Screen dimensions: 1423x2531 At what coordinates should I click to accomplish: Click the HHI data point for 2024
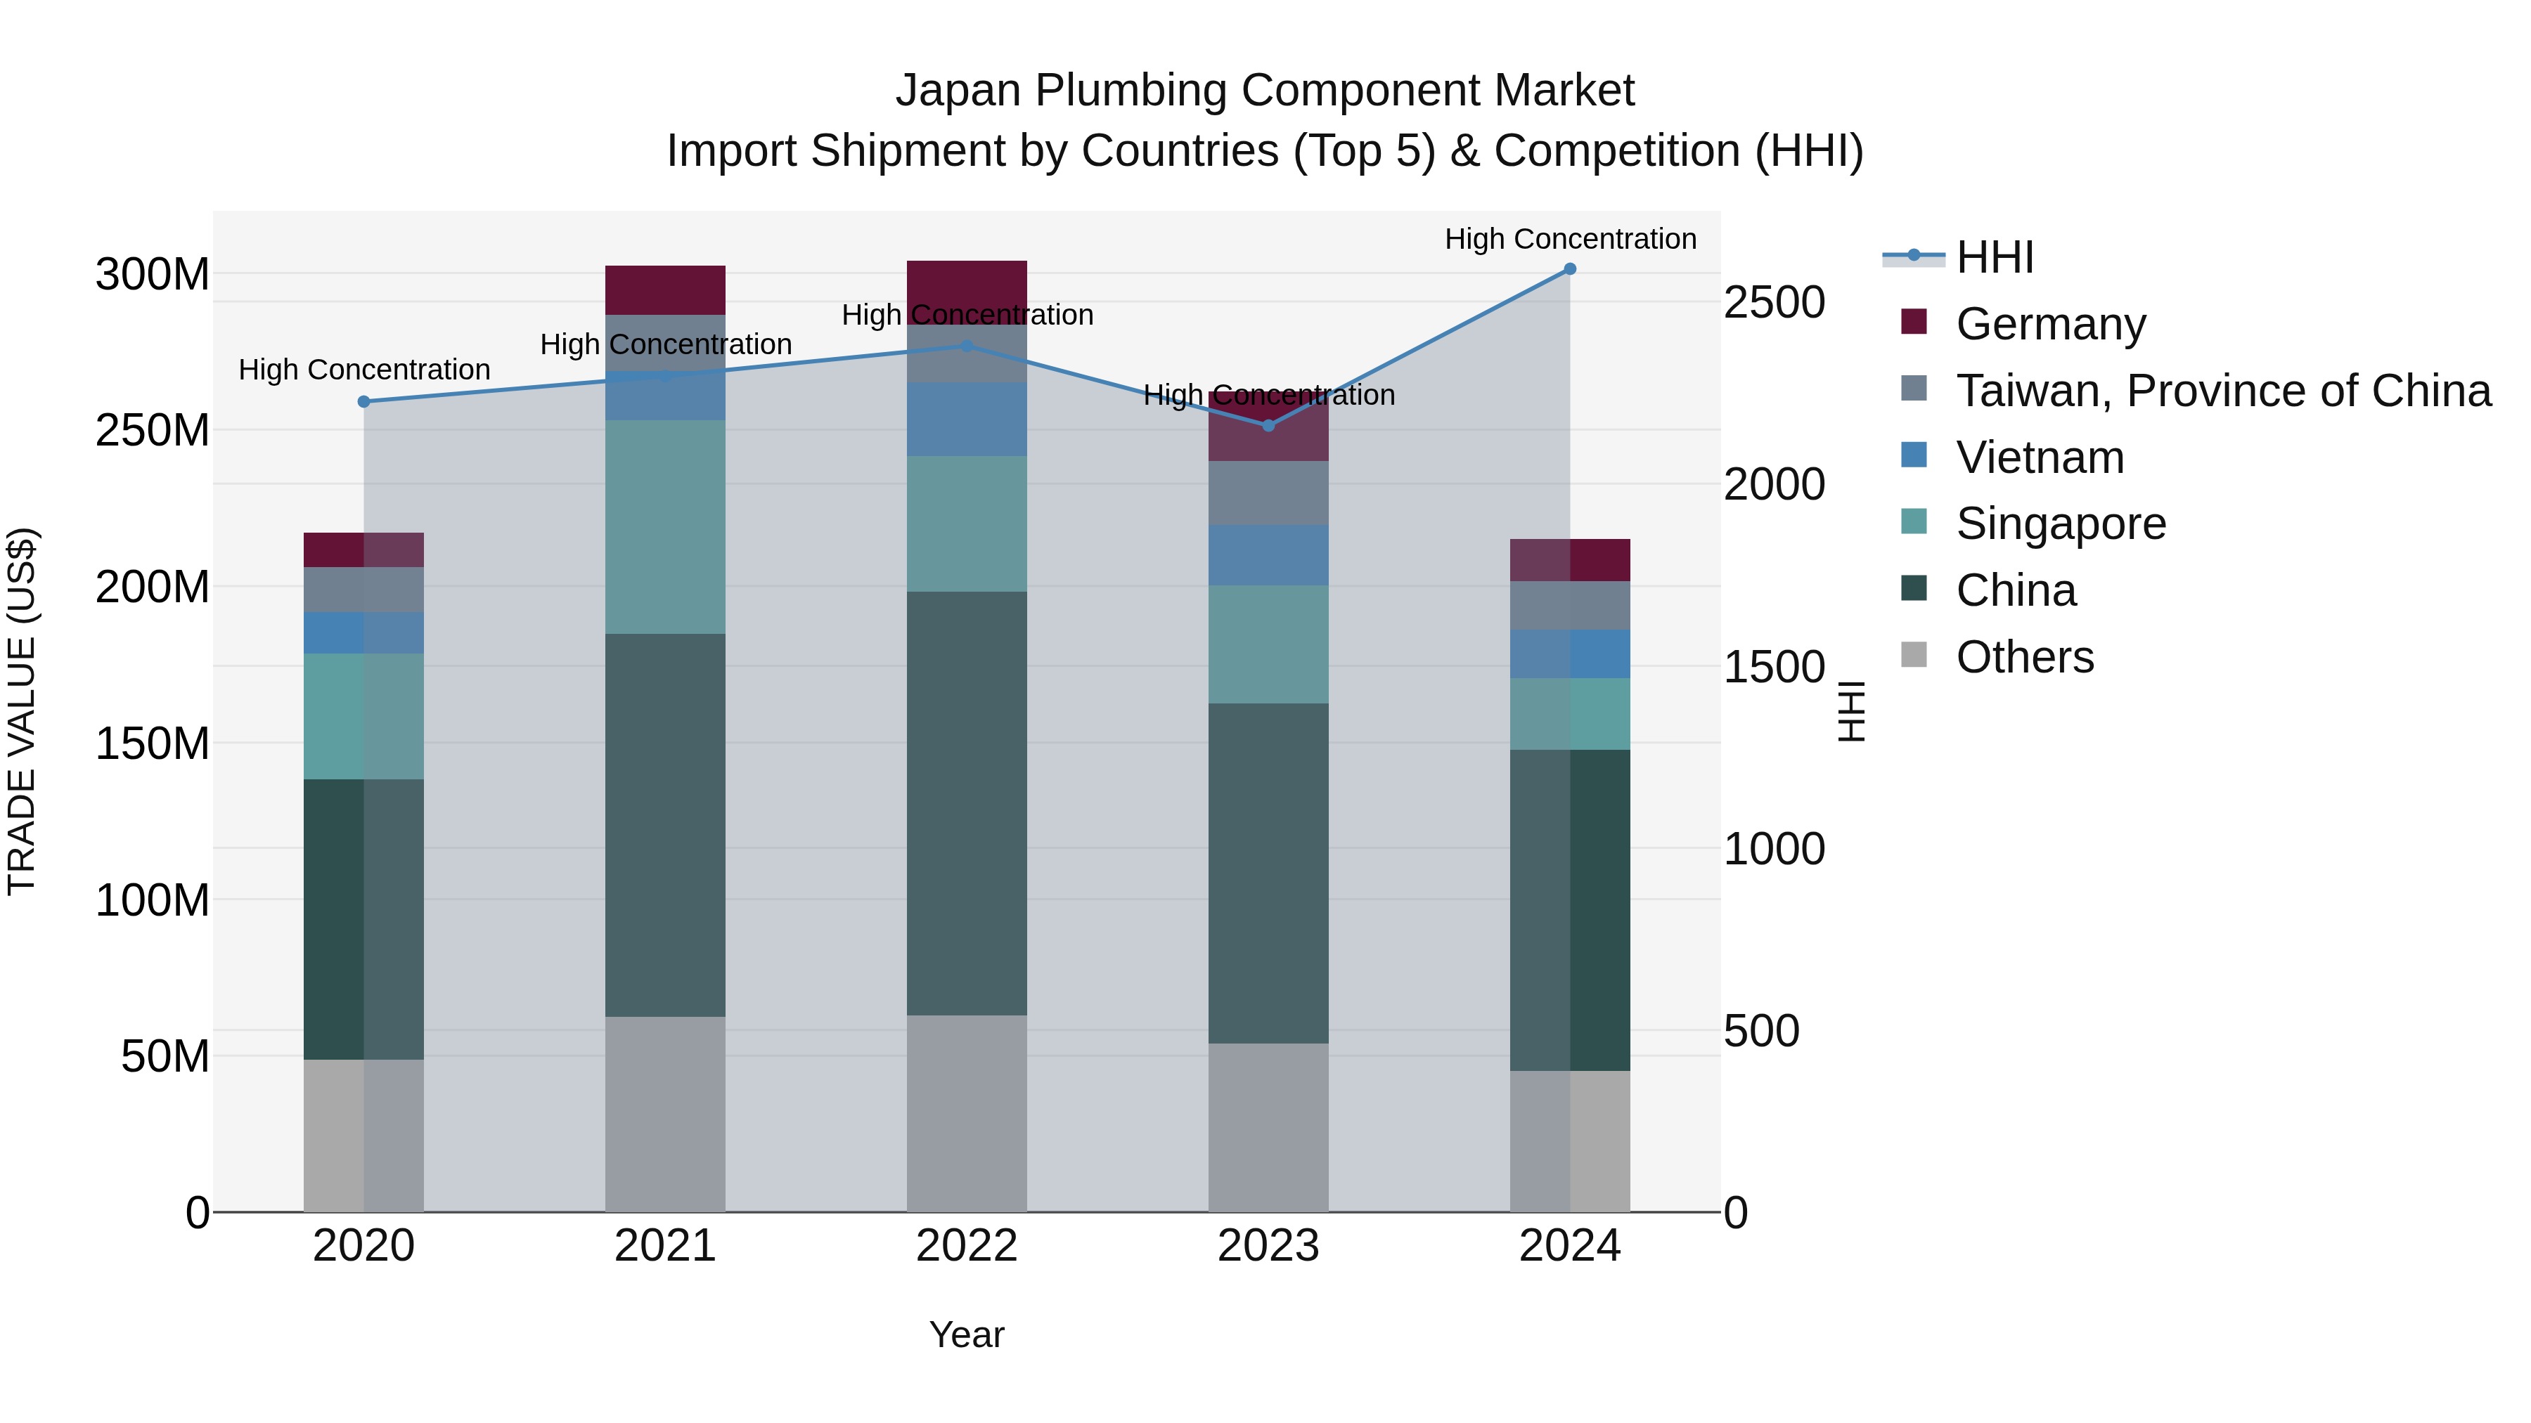point(1569,269)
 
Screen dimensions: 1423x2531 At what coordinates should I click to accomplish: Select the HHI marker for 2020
point(363,402)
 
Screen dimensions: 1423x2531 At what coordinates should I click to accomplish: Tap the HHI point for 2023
point(1268,425)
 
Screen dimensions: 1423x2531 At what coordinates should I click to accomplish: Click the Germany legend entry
point(2051,324)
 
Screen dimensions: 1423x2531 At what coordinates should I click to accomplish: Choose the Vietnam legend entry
point(2040,457)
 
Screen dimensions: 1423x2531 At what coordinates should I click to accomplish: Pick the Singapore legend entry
point(2061,524)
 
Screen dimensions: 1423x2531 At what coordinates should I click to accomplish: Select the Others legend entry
point(2024,657)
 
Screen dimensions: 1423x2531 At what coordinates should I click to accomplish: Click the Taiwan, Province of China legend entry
point(2222,391)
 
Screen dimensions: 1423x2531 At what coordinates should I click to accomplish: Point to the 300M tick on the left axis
point(153,274)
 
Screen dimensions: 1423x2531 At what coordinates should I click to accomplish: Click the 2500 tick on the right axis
point(1774,302)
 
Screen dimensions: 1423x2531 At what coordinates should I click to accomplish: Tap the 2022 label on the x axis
point(966,1246)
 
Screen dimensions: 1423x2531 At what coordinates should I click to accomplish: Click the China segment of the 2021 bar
point(665,825)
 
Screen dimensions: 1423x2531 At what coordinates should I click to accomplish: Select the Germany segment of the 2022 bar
point(966,285)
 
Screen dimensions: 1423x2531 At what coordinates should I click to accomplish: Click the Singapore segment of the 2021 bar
point(665,526)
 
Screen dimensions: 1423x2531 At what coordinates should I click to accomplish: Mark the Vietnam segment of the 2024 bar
point(1569,654)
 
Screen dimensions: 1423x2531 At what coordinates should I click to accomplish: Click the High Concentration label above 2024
point(1570,240)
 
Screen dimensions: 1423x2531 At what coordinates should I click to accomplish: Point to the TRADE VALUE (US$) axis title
point(22,711)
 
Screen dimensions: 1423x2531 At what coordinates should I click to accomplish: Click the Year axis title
point(966,1334)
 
